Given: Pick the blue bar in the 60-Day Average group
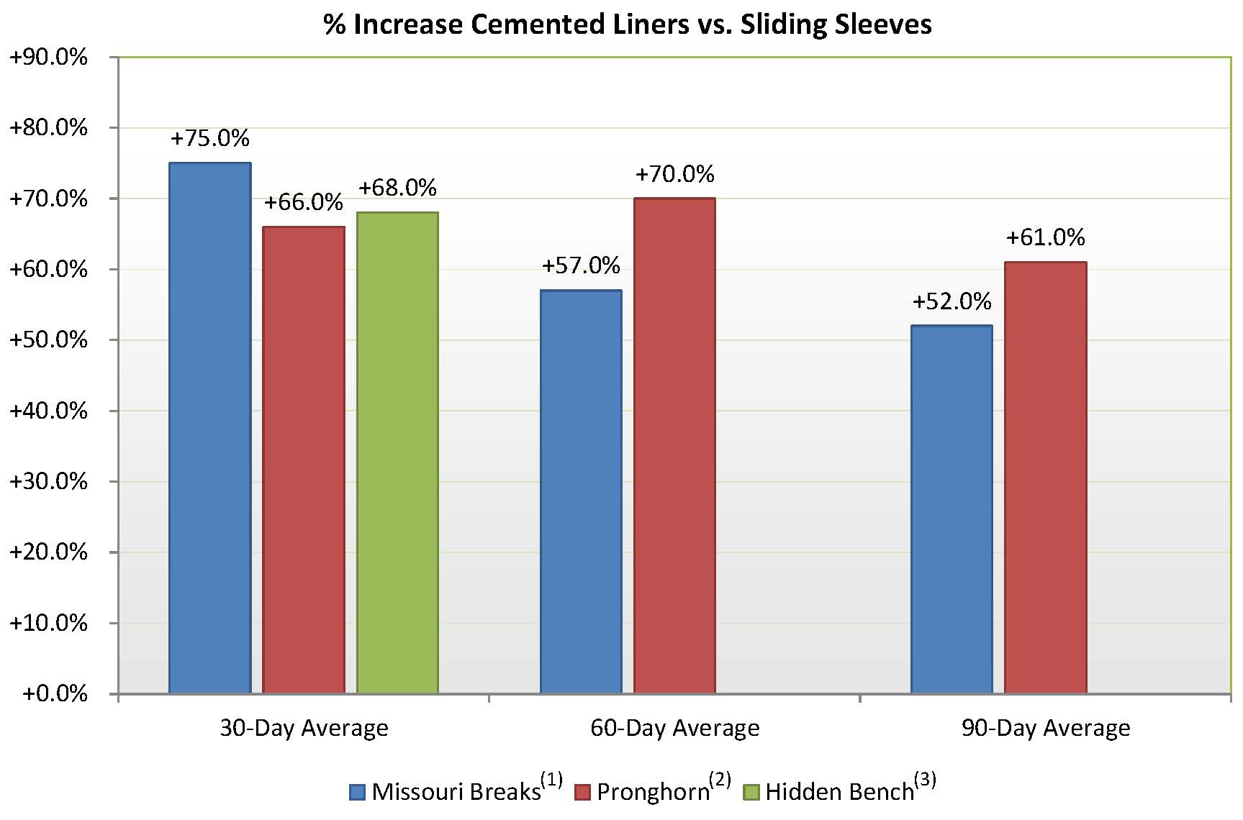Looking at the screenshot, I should point(581,493).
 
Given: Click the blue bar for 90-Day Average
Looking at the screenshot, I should point(952,511).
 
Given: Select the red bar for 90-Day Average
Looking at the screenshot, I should point(1045,479).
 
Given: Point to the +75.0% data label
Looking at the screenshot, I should point(210,138).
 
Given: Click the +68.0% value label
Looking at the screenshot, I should point(397,188).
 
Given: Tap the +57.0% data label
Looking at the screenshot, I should point(581,266).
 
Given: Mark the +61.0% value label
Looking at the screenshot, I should point(1045,237).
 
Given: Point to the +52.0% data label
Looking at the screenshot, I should point(952,301).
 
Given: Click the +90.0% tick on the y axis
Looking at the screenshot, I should point(48,57).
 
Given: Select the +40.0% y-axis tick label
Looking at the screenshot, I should point(48,411).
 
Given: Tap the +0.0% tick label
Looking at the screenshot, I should point(55,693).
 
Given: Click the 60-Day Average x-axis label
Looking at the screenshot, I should point(674,728).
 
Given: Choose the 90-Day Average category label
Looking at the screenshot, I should point(1045,728).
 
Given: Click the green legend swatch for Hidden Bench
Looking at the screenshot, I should point(752,792).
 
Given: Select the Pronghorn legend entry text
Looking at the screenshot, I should point(653,792).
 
